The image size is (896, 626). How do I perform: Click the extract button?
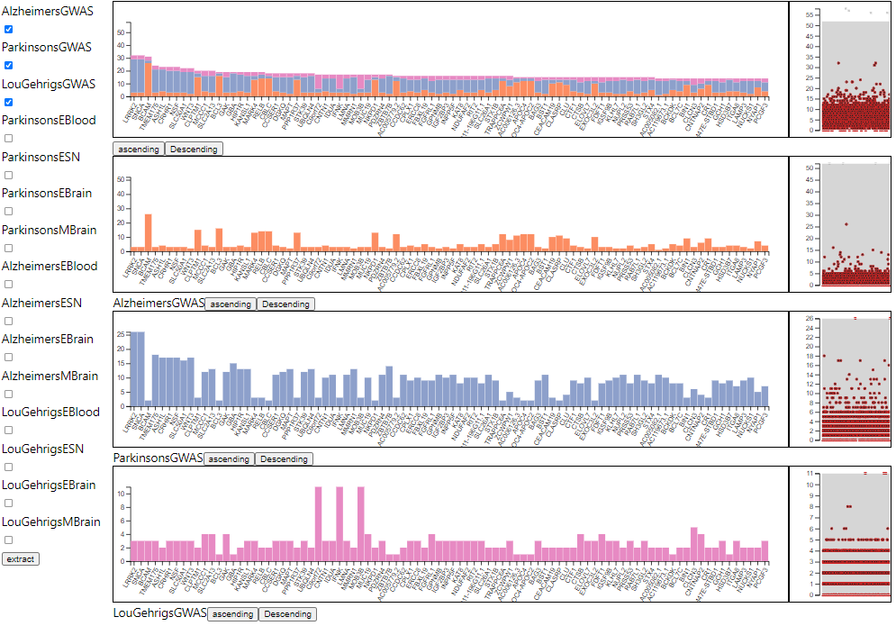20,559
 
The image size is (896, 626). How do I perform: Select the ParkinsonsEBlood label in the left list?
49,120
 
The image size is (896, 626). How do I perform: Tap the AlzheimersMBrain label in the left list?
50,376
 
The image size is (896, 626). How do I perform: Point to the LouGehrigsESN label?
43,449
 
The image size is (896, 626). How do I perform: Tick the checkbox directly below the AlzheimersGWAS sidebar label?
9,29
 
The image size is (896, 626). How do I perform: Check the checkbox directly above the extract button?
9,540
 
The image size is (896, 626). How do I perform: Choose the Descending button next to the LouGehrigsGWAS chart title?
287,614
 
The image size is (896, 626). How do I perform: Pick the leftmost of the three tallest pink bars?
319,523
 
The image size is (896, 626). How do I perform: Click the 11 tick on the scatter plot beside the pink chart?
810,473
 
